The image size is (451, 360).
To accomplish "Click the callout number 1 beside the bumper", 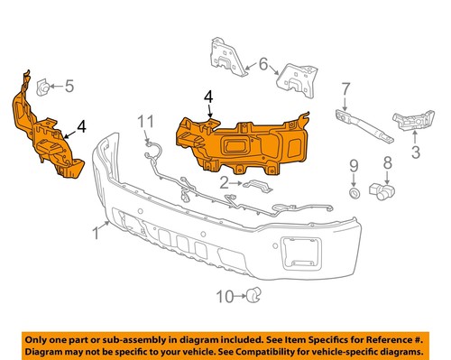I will point(96,236).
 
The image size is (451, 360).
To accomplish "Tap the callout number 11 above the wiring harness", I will point(146,120).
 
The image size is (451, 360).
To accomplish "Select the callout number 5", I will point(69,87).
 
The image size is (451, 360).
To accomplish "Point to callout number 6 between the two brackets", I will point(262,64).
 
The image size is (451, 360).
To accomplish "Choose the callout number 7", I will point(345,88).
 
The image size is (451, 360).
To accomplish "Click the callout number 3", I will point(416,153).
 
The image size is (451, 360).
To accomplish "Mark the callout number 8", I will point(386,164).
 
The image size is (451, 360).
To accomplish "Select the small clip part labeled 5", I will point(41,87).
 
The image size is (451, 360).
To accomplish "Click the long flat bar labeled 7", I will point(364,125).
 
